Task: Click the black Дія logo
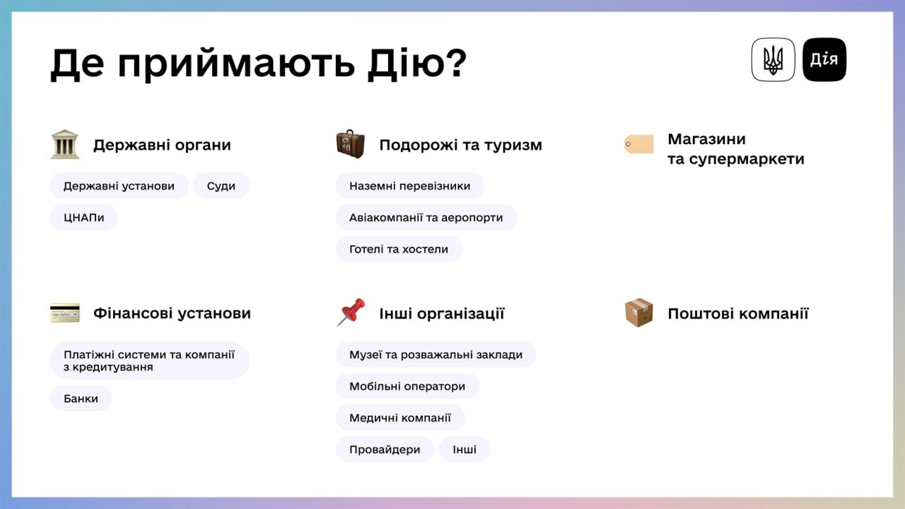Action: [x=824, y=59]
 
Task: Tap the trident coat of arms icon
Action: [x=773, y=59]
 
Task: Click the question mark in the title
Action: [x=457, y=62]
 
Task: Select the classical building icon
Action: [x=64, y=144]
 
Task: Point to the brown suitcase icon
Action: [x=350, y=144]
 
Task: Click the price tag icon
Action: [x=639, y=144]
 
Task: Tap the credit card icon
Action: [x=65, y=313]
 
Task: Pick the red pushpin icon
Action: [x=350, y=312]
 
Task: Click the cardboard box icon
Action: [x=639, y=312]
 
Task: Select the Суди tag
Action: [x=221, y=186]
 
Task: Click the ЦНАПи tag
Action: [x=84, y=217]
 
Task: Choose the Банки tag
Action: [x=81, y=398]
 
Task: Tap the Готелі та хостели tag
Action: [x=399, y=249]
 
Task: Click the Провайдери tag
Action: [x=384, y=449]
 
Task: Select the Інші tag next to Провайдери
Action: [x=465, y=449]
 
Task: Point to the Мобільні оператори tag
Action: [x=407, y=386]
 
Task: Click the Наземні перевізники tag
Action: [x=410, y=186]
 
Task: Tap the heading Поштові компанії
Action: [x=738, y=314]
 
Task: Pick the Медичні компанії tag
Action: [x=400, y=418]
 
